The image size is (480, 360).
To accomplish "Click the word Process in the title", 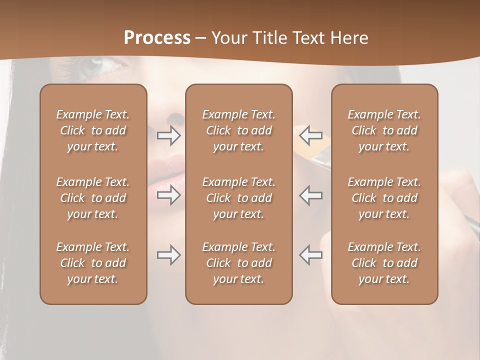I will coord(157,38).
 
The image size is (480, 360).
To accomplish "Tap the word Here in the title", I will coord(348,38).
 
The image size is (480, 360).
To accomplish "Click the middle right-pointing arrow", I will coord(168,195).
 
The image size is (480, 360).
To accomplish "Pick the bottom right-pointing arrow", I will coord(168,255).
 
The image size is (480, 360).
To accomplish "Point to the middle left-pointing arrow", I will coord(310,195).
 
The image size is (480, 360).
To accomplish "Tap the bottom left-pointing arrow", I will coord(310,255).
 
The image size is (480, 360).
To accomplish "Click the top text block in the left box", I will coord(93,130).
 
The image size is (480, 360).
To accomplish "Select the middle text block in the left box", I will coord(93,198).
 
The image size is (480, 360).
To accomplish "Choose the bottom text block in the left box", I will coord(93,263).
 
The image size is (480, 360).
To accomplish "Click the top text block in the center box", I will coord(239,130).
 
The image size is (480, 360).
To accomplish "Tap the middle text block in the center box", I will coord(239,198).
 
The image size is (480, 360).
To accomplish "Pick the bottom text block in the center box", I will coord(239,263).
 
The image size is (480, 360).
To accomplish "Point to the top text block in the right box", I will coord(384,130).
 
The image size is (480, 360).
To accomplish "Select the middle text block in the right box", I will coord(384,198).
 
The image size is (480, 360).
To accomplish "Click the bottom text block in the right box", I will coord(384,263).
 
